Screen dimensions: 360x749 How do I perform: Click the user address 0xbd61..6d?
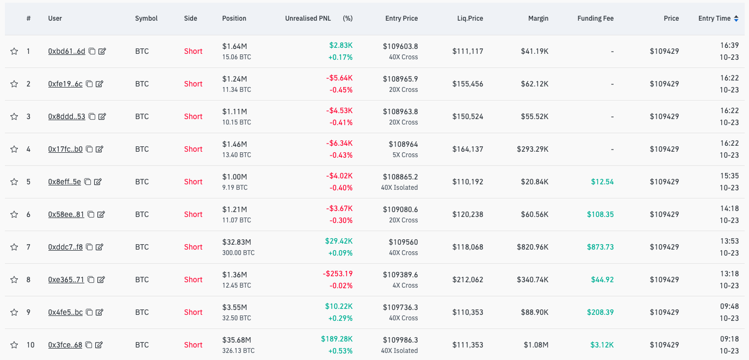coord(66,51)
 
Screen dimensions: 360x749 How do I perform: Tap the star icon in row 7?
coord(14,247)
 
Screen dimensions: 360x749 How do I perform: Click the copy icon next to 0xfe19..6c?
coord(90,84)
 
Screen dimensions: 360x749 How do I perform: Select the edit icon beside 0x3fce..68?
coord(99,345)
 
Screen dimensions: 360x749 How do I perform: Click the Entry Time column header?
coord(714,18)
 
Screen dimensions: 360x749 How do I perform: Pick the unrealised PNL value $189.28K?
coord(336,339)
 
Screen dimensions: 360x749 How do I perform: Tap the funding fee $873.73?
coord(600,247)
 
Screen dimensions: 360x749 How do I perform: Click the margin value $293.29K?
coord(533,149)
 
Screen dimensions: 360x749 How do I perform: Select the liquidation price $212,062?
coord(467,280)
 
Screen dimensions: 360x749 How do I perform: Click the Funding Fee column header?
coord(595,18)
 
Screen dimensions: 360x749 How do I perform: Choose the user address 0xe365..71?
coord(66,280)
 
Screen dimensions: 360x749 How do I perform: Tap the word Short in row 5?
coord(193,182)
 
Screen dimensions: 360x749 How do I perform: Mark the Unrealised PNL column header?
coord(308,18)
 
